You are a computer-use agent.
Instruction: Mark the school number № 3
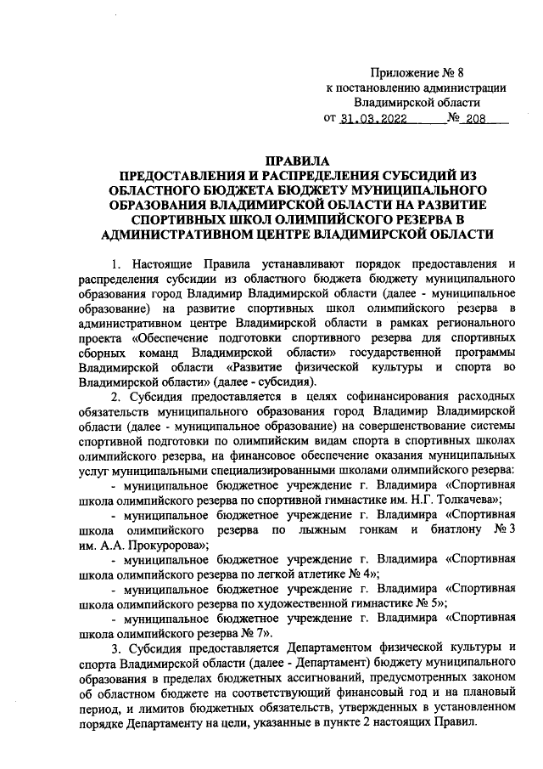point(504,528)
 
